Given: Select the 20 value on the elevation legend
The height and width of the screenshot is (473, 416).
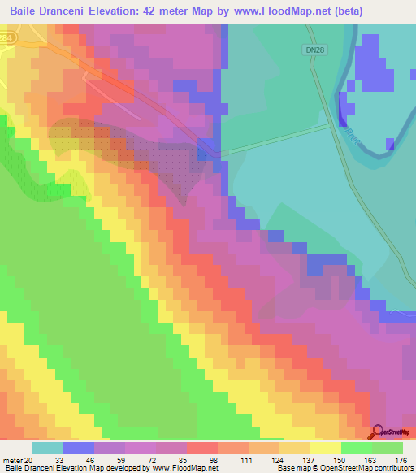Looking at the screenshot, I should pyautogui.click(x=32, y=460).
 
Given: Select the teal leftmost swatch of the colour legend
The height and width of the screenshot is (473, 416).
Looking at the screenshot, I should pyautogui.click(x=48, y=448).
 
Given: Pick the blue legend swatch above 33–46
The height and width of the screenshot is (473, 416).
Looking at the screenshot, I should pyautogui.click(x=79, y=448).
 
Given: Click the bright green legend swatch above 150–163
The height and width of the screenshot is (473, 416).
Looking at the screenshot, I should pyautogui.click(x=356, y=448).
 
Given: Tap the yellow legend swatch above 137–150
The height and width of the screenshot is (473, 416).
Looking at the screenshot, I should pyautogui.click(x=325, y=448).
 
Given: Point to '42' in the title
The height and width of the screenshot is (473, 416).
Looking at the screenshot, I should pyautogui.click(x=160, y=11).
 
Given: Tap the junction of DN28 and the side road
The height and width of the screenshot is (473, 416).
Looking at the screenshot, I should pyautogui.click(x=332, y=124).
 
